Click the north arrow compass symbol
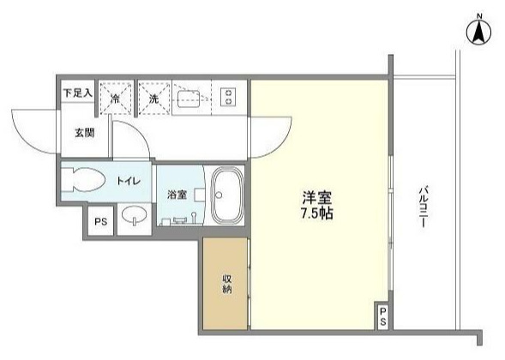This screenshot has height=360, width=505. (x=478, y=32)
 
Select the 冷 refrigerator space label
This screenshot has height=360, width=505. (x=115, y=99)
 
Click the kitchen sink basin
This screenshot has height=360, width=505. (x=189, y=98)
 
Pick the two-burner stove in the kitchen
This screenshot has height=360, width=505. (x=229, y=98)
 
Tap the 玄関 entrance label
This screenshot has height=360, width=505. (x=83, y=132)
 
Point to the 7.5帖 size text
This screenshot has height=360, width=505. (x=316, y=212)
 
